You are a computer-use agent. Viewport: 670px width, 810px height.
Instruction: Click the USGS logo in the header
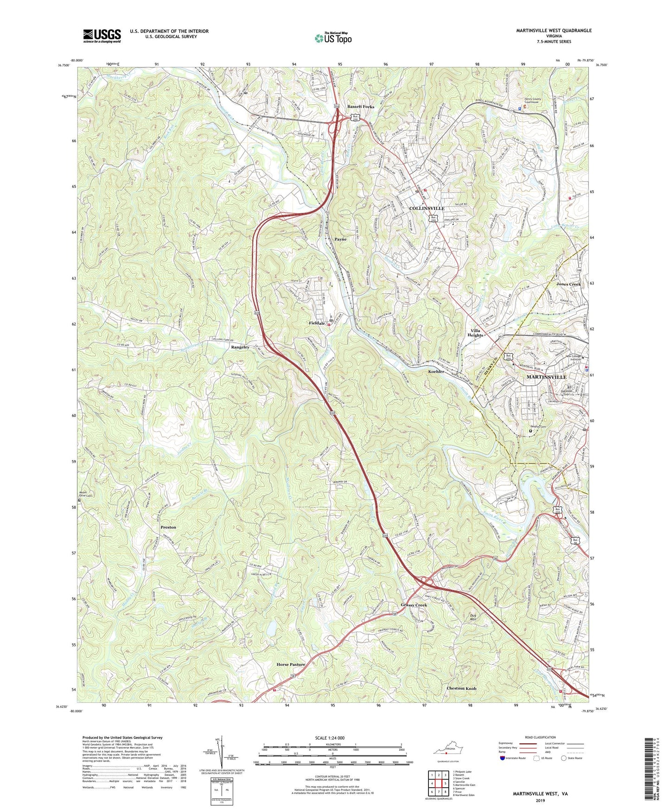[x=102, y=36]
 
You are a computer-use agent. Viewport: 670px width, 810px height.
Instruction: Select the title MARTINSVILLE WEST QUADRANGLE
[x=554, y=31]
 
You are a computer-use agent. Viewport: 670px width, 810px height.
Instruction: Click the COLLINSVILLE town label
[x=427, y=208]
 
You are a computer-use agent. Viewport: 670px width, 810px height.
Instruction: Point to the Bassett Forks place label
[x=361, y=107]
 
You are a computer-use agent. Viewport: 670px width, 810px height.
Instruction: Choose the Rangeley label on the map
[x=240, y=347]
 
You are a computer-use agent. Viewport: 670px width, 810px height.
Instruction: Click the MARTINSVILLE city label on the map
[x=546, y=377]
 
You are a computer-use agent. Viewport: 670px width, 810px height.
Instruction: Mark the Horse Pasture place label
[x=291, y=664]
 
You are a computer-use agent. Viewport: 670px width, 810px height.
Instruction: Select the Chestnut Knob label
[x=461, y=688]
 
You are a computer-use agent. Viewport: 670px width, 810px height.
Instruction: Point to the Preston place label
[x=168, y=527]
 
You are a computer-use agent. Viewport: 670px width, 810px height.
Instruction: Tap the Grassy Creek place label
[x=414, y=605]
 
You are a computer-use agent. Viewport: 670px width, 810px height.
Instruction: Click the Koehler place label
[x=436, y=372]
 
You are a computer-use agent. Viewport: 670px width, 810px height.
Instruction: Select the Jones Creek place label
[x=568, y=284]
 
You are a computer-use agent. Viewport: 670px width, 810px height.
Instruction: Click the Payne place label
[x=341, y=239]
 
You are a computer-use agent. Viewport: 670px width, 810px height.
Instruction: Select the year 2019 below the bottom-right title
[x=540, y=801]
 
